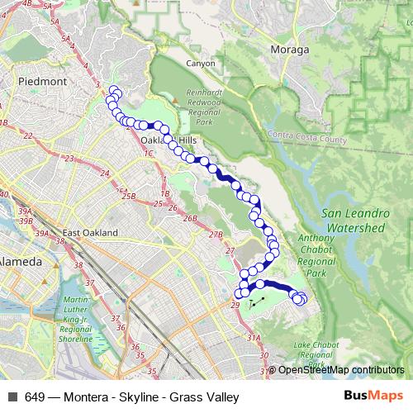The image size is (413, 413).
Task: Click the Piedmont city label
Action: click(35, 82)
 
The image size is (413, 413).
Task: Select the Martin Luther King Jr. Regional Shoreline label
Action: click(93, 315)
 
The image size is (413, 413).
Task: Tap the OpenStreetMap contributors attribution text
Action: click(340, 370)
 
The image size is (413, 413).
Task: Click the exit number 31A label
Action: click(253, 338)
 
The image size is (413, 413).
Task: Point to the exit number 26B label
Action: click(191, 218)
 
